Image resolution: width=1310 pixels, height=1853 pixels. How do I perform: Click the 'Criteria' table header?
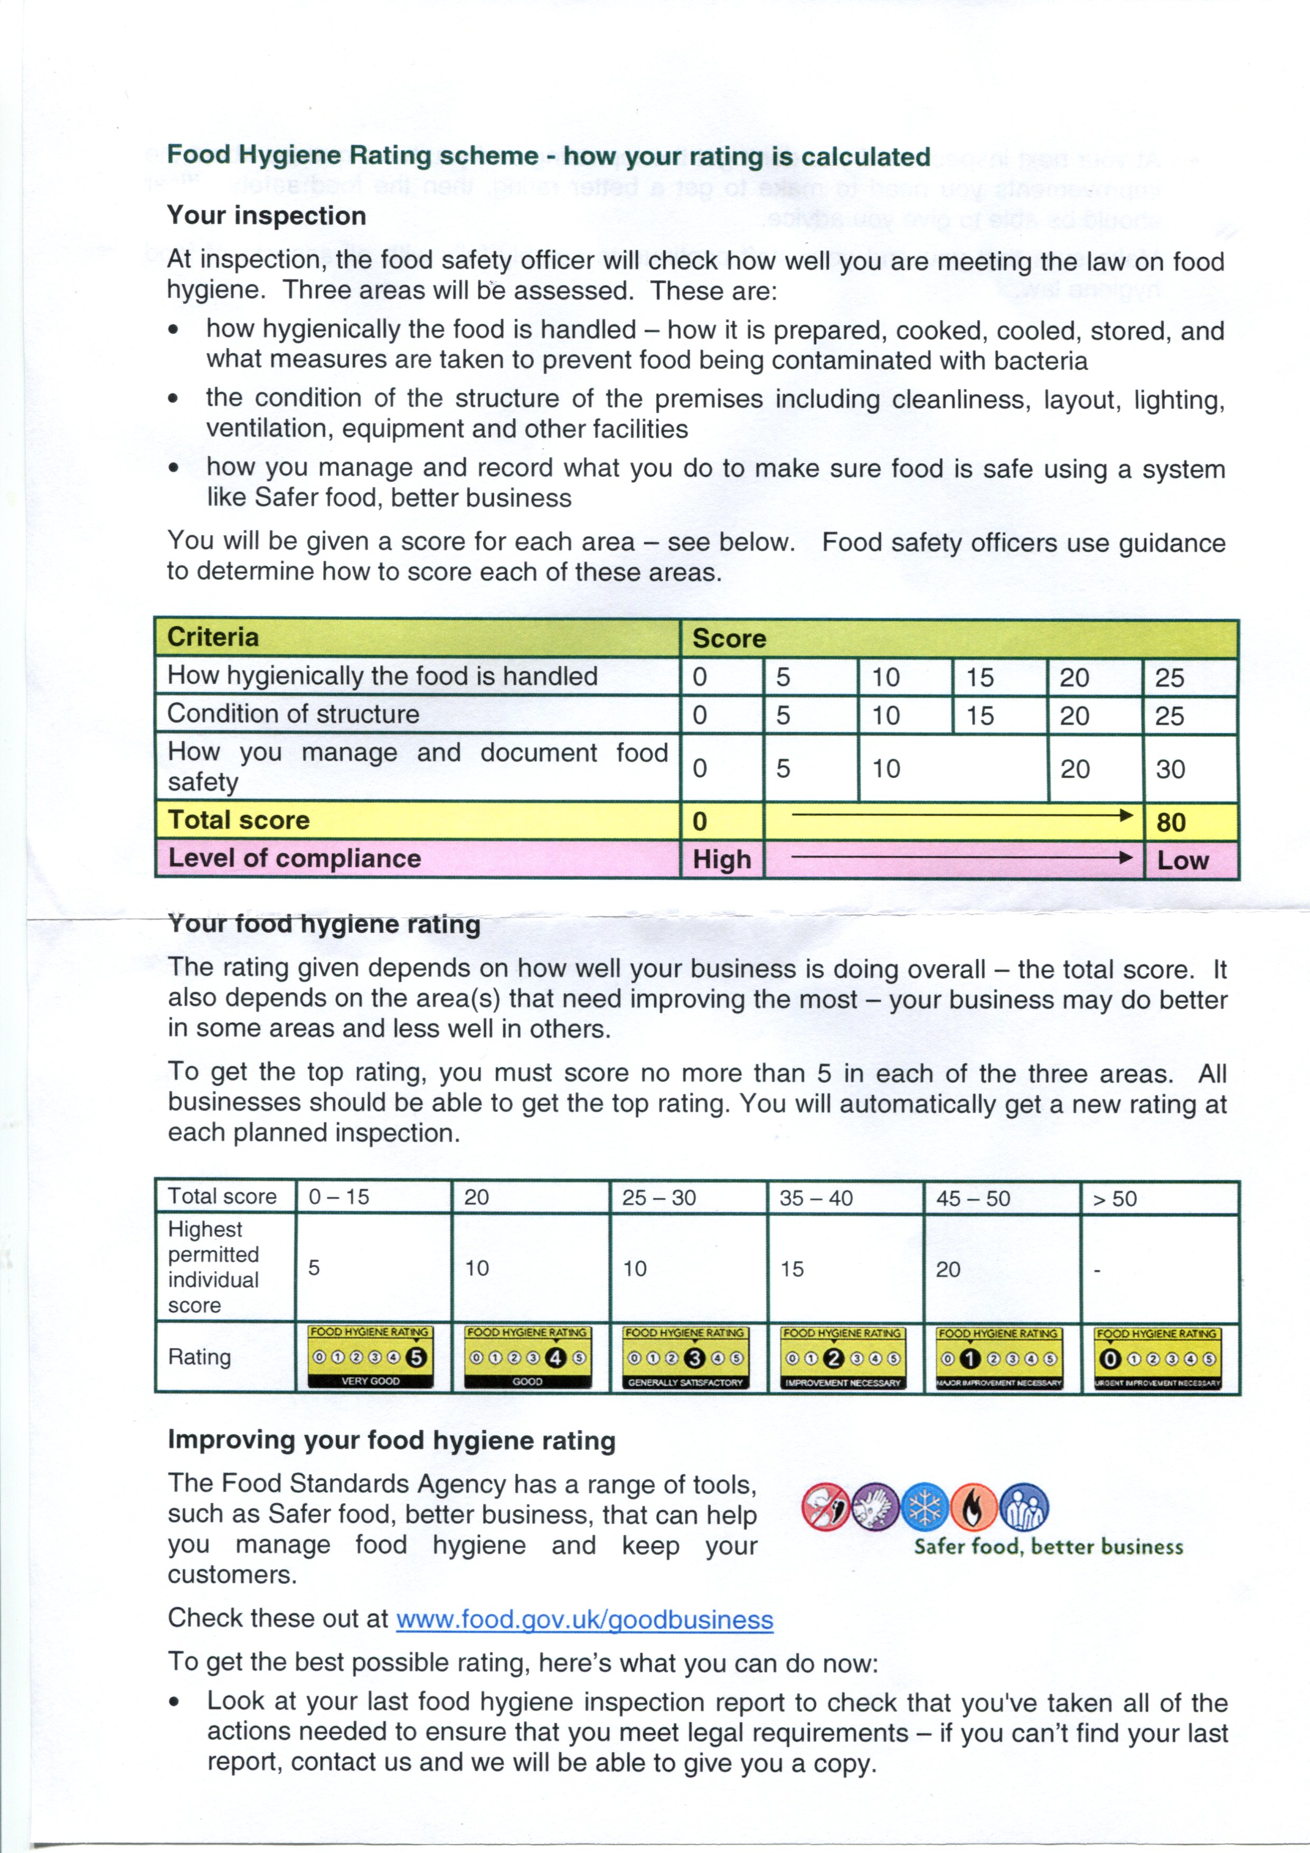[213, 637]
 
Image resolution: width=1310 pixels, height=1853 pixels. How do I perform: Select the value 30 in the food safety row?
[1171, 769]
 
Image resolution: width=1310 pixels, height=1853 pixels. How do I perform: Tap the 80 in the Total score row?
[1171, 822]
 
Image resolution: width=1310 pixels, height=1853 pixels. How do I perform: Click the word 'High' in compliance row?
[722, 860]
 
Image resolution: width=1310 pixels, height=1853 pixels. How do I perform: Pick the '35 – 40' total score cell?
[816, 1199]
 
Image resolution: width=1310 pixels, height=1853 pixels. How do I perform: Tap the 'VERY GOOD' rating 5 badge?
[371, 1358]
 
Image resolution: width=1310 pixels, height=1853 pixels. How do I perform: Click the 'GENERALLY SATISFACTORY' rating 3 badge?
[685, 1358]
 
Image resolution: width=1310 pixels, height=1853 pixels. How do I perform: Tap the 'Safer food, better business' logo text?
[1048, 1547]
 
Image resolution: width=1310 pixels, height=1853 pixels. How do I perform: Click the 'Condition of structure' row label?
[293, 714]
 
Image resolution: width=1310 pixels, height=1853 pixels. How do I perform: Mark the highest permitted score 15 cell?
[792, 1269]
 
